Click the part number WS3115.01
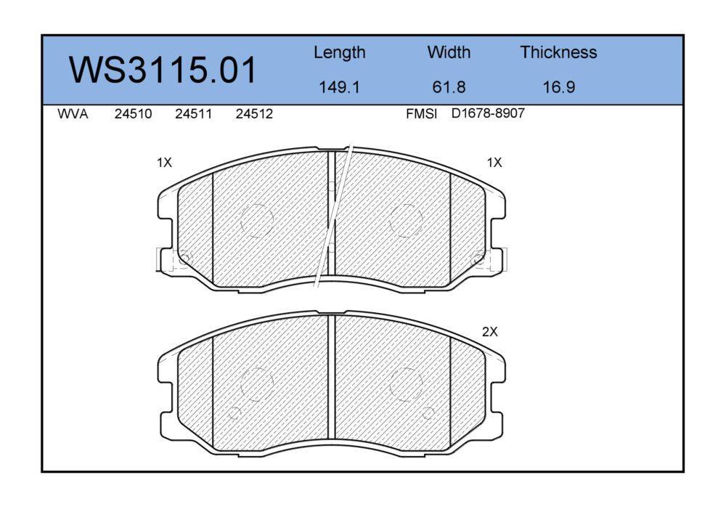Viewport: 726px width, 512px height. coord(163,70)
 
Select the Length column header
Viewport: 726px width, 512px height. coord(339,53)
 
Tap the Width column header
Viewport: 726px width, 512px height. coord(449,52)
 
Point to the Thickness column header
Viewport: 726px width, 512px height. coord(558,52)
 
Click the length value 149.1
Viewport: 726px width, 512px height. coord(339,87)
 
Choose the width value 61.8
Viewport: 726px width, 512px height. coord(449,87)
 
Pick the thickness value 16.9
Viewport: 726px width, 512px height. coord(559,87)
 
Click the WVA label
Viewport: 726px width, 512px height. coord(73,114)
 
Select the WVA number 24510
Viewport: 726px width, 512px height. coord(133,114)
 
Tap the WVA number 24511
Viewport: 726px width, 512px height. coord(194,114)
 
